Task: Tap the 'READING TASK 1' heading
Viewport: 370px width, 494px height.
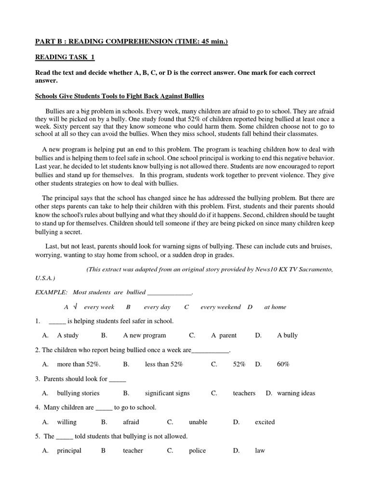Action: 65,57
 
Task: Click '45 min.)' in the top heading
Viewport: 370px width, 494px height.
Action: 214,42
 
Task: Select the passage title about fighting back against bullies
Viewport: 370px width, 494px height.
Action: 120,96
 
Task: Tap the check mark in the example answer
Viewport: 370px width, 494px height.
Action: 75,306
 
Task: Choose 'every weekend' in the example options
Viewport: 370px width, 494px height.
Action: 221,307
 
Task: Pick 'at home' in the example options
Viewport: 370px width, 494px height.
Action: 275,307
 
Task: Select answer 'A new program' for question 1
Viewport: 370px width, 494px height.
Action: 145,335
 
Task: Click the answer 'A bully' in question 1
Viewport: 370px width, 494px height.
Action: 288,335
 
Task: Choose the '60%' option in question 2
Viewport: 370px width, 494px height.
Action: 283,364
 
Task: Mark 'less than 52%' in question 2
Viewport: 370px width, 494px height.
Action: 164,364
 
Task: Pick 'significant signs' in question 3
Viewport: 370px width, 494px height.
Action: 167,393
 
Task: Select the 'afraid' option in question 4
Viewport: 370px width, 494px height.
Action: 131,422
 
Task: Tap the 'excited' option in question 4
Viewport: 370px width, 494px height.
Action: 265,422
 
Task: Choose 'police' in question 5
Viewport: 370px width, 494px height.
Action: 198,451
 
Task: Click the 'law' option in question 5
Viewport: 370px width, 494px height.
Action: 260,451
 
